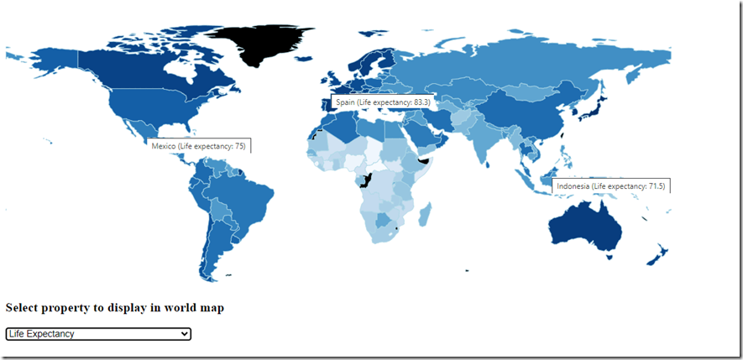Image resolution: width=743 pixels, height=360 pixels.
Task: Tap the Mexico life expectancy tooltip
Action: pos(198,146)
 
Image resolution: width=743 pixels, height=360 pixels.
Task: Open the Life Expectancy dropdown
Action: pos(98,334)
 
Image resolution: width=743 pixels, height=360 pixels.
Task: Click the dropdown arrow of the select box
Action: pos(185,334)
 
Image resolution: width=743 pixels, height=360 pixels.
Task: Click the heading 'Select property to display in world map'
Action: pos(114,308)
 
